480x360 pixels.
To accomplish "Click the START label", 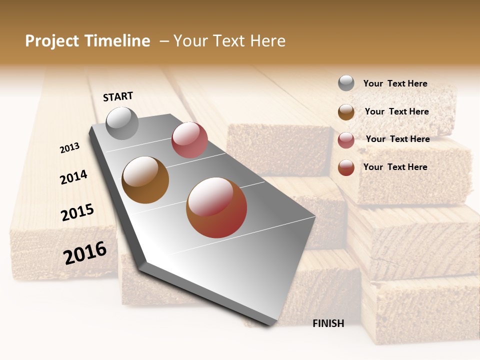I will pos(118,96).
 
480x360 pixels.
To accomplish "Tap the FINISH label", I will pos(328,323).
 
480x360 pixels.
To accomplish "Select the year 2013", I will pos(70,148).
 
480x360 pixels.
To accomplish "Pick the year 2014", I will pos(73,177).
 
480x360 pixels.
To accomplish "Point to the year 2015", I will pos(77,212).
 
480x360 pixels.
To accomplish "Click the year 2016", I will pos(85,252).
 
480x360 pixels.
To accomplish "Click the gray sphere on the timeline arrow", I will pos(122,123).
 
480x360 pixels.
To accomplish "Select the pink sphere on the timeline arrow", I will pos(189,140).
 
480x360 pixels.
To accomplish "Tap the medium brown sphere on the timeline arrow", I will pos(145,180).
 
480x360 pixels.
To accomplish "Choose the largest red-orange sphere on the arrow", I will pos(216,207).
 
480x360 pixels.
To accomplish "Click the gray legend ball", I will pos(346,83).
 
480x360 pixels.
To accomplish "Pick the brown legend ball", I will pos(346,112).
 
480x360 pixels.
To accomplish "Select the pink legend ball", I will pos(346,140).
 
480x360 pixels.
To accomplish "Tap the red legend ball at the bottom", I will pos(346,167).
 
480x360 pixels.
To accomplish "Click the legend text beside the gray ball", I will pos(395,83).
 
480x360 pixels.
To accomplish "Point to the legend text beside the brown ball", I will pos(396,111).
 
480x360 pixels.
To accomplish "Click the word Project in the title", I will pos(51,41).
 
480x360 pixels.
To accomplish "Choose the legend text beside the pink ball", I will pos(397,139).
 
